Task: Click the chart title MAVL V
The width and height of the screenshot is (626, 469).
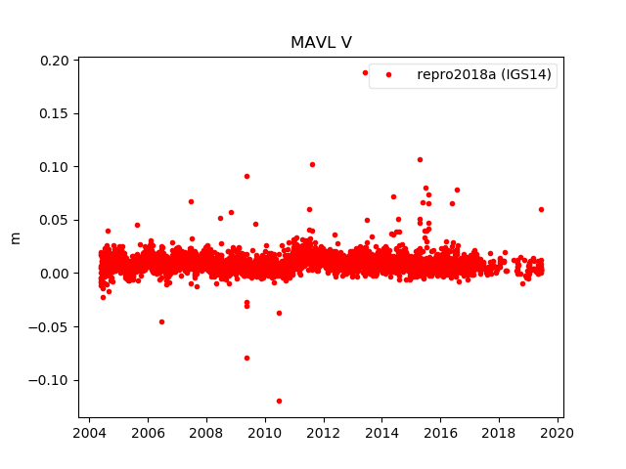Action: click(321, 43)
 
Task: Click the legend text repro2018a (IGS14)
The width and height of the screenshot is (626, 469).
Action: click(485, 74)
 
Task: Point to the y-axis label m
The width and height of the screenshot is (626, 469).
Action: click(15, 237)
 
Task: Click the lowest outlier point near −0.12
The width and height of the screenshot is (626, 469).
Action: click(279, 401)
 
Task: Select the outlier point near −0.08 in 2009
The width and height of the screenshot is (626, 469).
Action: click(246, 358)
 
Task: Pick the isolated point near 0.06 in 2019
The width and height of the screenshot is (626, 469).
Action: click(541, 209)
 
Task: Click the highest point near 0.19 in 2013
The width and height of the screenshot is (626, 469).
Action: click(366, 72)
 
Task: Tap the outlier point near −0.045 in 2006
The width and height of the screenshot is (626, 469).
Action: click(161, 321)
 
